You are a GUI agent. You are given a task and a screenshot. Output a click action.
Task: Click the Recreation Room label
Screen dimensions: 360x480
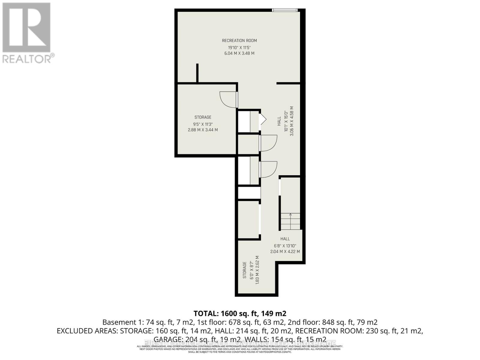pos(239,40)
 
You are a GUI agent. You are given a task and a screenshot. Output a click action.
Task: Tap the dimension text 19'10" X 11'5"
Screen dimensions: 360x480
pos(239,47)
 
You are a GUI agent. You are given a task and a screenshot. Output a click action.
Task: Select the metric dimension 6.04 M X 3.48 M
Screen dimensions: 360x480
pos(239,53)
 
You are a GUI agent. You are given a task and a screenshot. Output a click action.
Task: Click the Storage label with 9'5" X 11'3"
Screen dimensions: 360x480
pos(203,117)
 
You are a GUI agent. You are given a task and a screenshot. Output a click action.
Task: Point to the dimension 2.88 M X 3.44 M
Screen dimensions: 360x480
pos(203,130)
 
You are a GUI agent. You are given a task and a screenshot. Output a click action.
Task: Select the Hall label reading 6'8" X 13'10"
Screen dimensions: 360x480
pos(285,239)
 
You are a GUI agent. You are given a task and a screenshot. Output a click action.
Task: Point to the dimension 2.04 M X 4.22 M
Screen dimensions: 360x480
pos(285,251)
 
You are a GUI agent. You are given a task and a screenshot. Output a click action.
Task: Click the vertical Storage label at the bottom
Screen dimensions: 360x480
pos(244,270)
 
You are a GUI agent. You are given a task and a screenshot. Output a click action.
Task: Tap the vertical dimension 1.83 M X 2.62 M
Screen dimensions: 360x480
pos(257,270)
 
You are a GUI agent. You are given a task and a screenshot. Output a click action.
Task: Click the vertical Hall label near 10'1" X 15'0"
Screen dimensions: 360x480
pos(279,121)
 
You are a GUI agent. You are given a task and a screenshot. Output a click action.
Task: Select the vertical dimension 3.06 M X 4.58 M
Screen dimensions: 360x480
pos(292,121)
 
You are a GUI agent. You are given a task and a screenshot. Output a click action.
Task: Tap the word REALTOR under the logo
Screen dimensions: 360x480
pos(27,58)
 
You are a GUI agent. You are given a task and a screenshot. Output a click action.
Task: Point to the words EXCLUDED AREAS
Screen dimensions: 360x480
pos(88,331)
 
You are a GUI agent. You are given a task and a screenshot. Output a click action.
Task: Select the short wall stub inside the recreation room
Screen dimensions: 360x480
pos(197,73)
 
